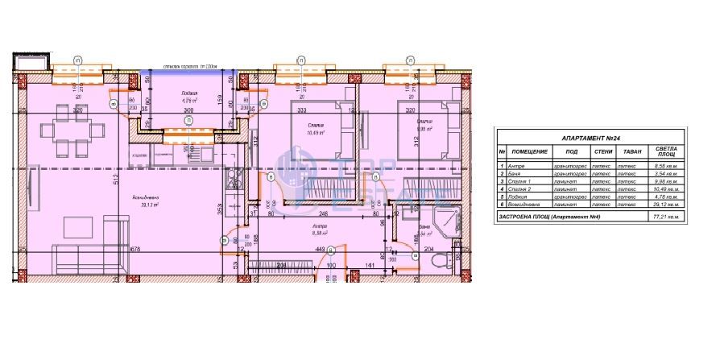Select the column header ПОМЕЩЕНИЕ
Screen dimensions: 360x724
pyautogui.click(x=529, y=151)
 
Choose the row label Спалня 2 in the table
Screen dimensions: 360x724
pyautogui.click(x=520, y=188)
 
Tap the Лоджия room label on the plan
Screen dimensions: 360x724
pyautogui.click(x=189, y=94)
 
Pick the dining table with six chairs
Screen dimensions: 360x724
pyautogui.click(x=72, y=132)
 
